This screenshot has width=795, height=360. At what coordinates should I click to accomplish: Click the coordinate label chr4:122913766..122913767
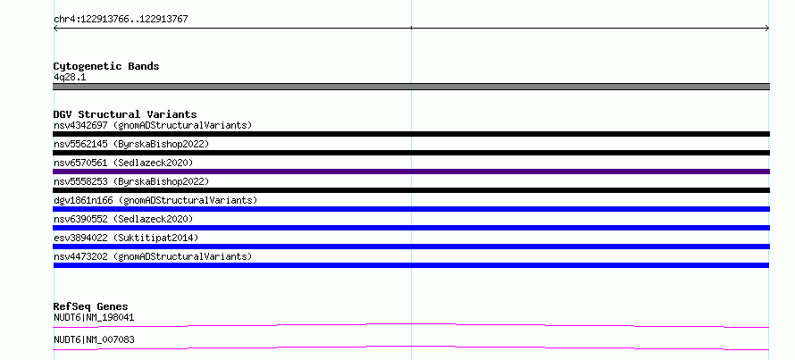[x=121, y=20]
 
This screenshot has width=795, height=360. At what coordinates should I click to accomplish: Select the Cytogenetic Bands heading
[x=106, y=66]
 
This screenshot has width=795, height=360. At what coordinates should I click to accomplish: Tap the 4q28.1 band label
[x=70, y=78]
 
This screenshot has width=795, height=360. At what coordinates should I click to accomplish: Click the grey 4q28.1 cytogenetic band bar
[x=411, y=87]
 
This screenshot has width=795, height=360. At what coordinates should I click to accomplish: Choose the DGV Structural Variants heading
[x=125, y=114]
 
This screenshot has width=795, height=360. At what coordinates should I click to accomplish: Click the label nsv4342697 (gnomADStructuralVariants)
[x=153, y=125]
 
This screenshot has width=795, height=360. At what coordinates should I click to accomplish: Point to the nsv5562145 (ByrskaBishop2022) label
[x=131, y=144]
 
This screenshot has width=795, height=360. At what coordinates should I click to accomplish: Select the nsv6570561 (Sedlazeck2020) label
[x=123, y=163]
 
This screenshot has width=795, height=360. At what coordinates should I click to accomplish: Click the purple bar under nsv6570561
[x=411, y=172]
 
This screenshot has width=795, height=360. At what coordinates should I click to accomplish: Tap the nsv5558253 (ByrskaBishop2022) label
[x=131, y=181]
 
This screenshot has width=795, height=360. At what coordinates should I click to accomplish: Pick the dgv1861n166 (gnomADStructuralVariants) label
[x=155, y=200]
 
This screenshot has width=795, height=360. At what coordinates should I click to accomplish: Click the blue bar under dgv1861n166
[x=411, y=209]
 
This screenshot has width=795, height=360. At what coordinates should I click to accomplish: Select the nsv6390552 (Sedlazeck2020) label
[x=123, y=219]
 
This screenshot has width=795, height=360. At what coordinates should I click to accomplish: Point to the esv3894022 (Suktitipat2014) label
[x=126, y=238]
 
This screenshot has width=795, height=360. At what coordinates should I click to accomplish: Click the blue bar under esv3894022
[x=411, y=247]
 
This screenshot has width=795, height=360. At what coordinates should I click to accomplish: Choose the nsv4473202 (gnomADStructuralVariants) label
[x=153, y=256]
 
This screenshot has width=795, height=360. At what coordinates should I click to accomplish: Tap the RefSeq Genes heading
[x=91, y=306]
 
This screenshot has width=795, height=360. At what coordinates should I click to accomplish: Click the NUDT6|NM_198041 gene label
[x=94, y=318]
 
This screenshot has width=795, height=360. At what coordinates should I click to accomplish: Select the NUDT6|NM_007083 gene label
[x=94, y=339]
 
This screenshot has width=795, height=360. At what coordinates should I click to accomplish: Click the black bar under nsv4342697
[x=411, y=134]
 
